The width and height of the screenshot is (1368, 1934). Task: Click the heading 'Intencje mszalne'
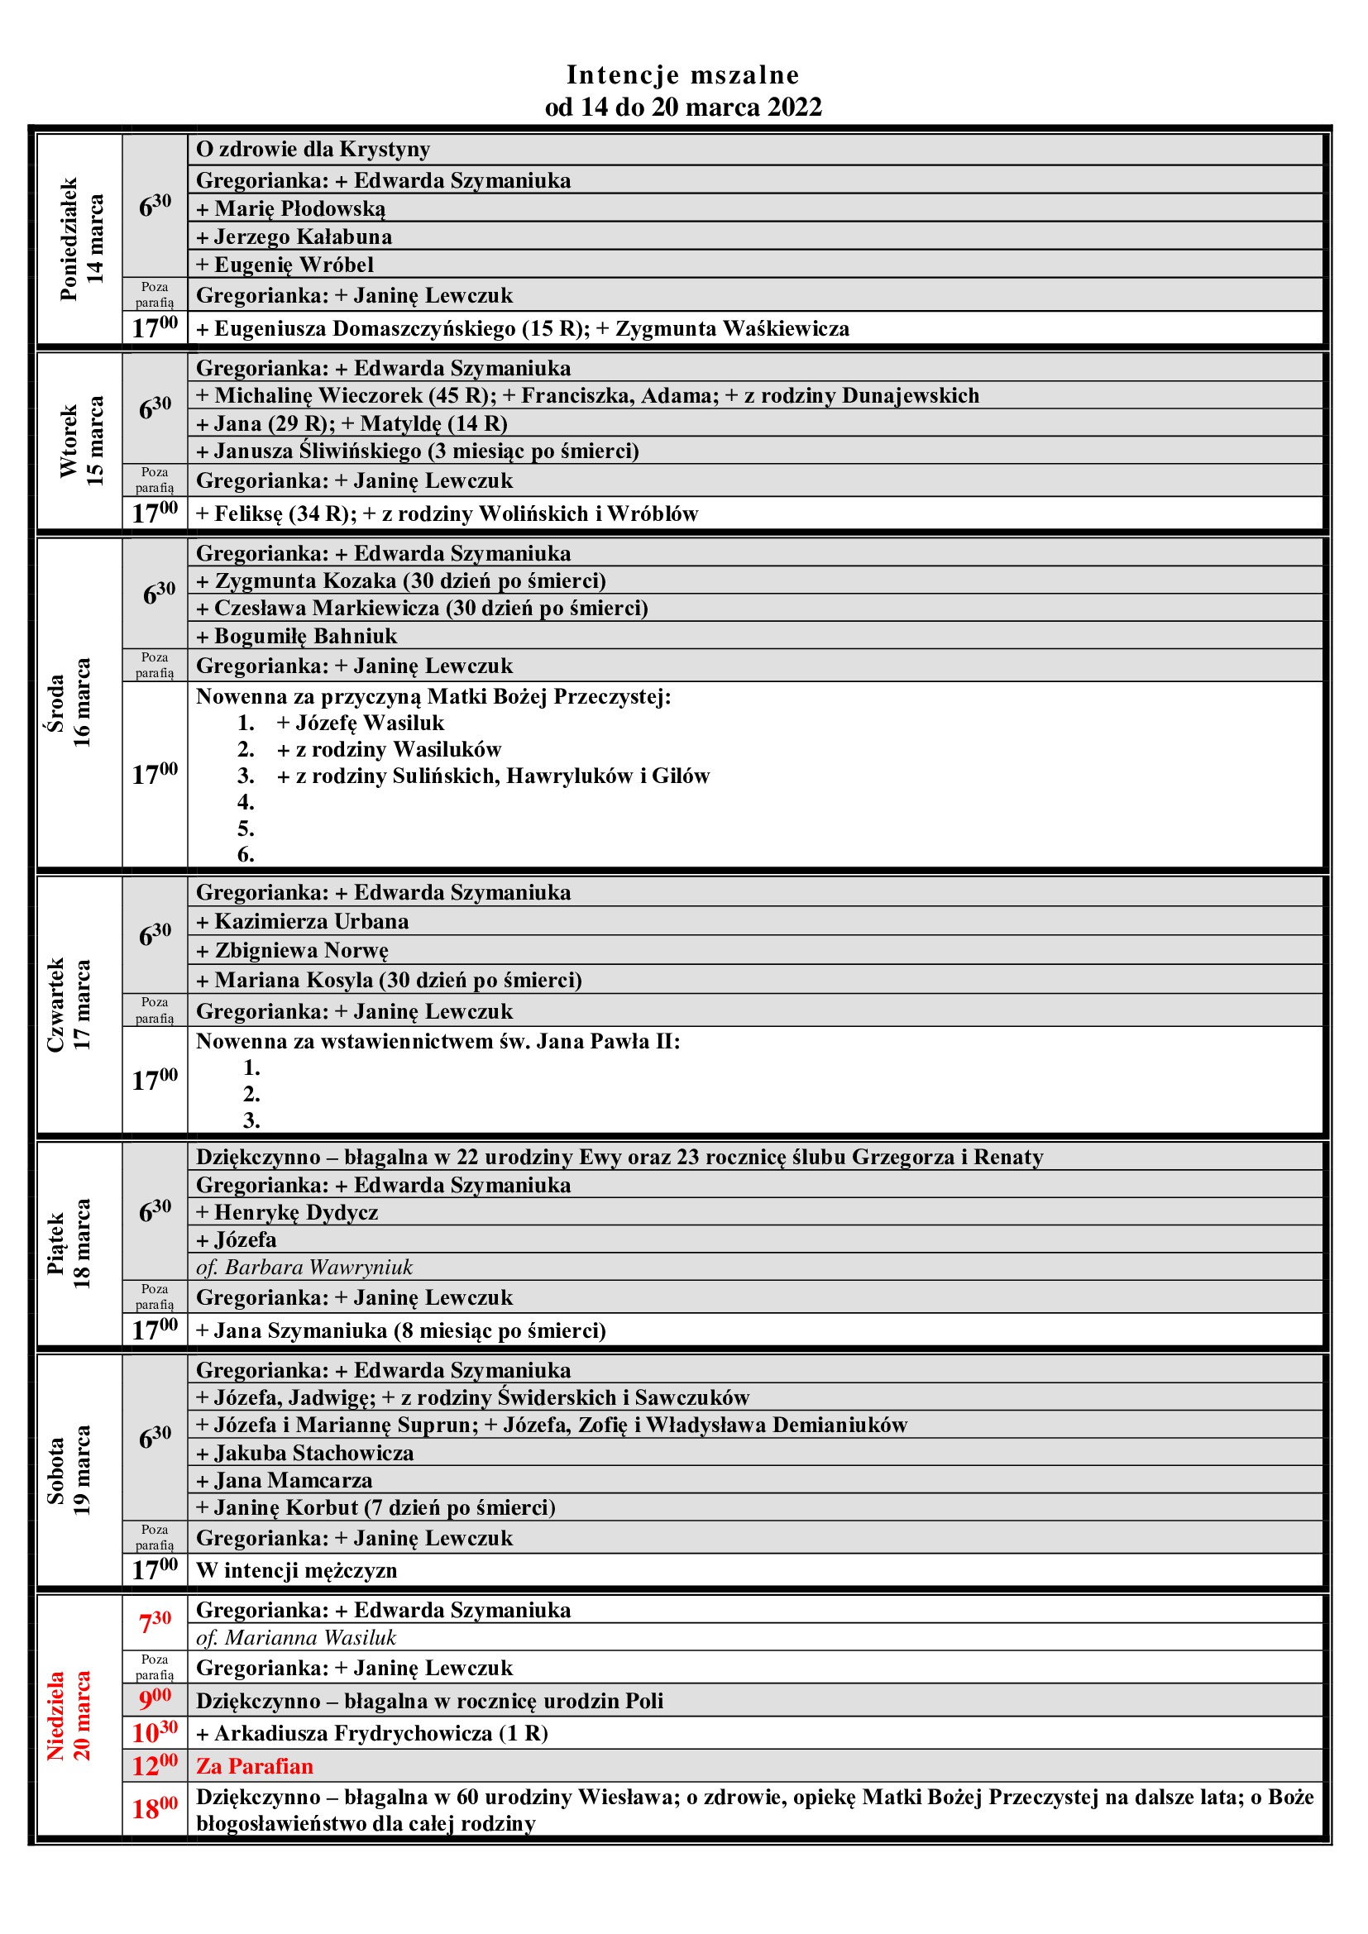pos(682,75)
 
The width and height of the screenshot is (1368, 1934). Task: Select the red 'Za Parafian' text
pos(255,1766)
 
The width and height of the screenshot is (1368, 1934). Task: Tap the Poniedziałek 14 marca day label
pos(81,239)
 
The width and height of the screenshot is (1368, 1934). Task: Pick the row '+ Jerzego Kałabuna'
pos(294,236)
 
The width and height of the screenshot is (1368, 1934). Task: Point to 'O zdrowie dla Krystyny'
pos(313,149)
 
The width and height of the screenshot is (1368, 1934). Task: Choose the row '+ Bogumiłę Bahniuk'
pos(297,636)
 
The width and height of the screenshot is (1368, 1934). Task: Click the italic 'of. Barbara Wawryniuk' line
pos(304,1267)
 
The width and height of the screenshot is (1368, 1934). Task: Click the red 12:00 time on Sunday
pos(155,1765)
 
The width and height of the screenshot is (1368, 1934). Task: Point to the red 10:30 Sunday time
pos(155,1733)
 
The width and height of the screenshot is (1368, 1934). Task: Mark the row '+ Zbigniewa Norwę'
pos(292,950)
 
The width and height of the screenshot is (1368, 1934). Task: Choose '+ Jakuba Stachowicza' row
pos(305,1453)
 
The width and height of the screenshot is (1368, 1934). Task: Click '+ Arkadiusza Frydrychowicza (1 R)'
pos(371,1734)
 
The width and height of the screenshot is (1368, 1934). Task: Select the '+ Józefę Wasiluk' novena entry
pos(361,723)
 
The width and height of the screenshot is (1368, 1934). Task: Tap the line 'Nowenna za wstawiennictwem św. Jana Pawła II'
pos(438,1041)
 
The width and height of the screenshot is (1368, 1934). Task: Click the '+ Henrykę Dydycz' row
pos(287,1212)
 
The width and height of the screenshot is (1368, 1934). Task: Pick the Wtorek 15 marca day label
pos(81,441)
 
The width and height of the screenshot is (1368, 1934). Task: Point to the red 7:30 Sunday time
pos(155,1621)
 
